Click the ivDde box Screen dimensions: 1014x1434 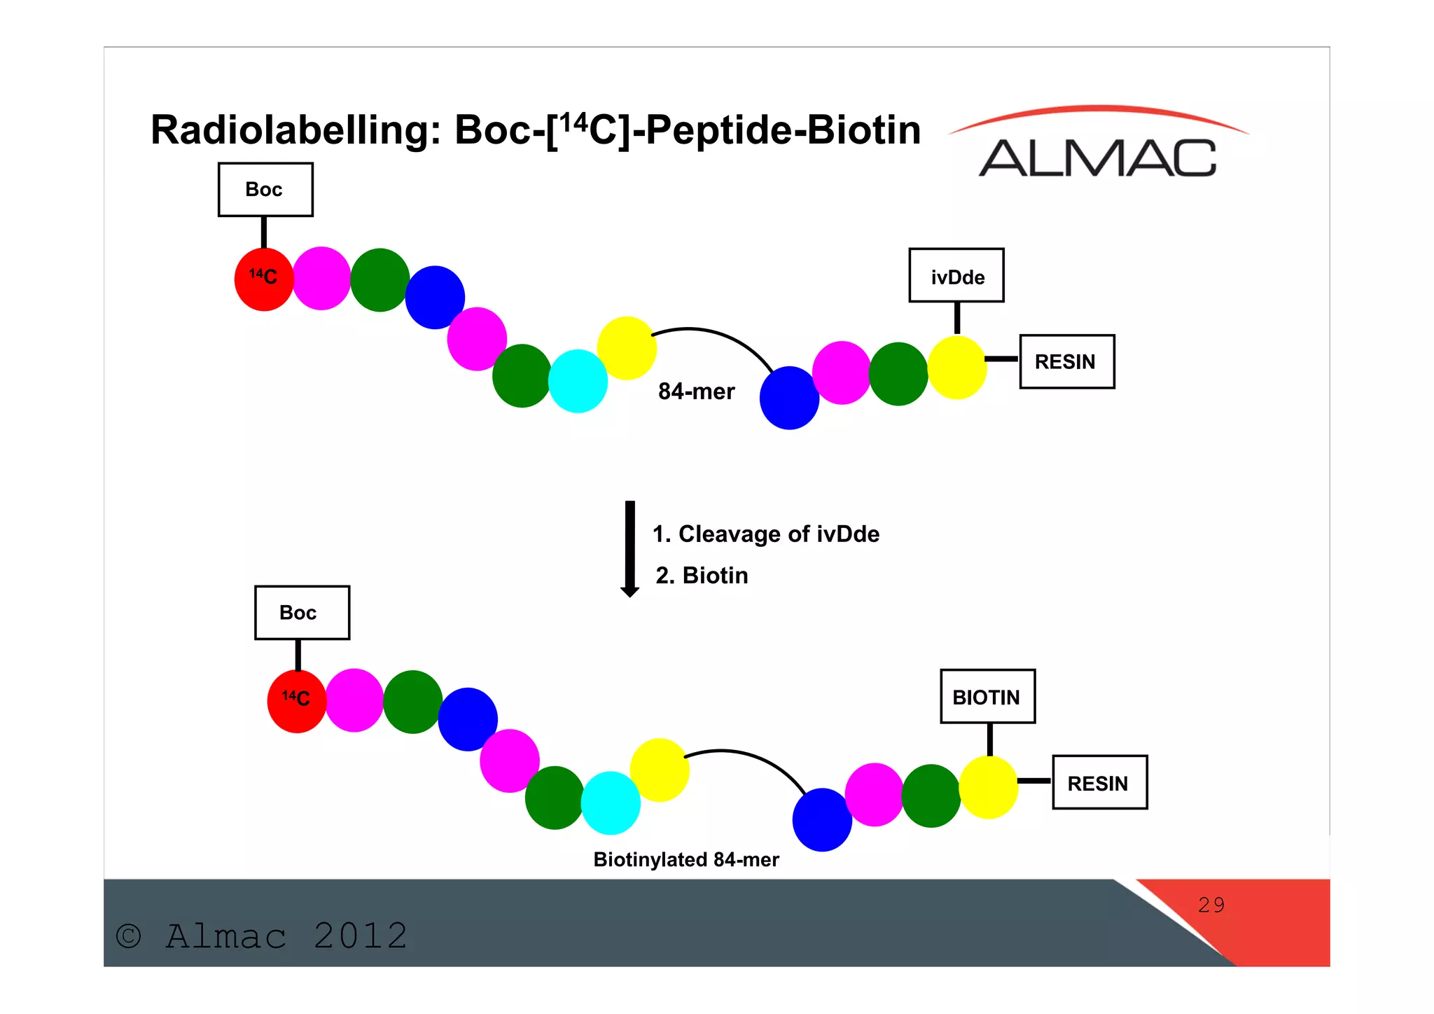pyautogui.click(x=956, y=276)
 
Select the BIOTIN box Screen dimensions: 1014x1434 pyautogui.click(x=987, y=697)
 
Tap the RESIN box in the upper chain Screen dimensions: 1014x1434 pyautogui.click(x=1066, y=361)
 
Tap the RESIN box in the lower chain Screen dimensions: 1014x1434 pyautogui.click(x=1099, y=783)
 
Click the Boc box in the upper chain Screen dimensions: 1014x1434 pyautogui.click(x=265, y=190)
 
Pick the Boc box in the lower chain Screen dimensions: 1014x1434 pyautogui.click(x=302, y=613)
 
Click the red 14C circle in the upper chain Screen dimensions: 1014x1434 pyautogui.click(x=264, y=279)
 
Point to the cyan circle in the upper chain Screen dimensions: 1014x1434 pyautogui.click(x=578, y=381)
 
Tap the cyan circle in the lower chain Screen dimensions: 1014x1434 pyautogui.click(x=611, y=803)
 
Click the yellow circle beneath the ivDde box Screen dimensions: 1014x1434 pyautogui.click(x=956, y=368)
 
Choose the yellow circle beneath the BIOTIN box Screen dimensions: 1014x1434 pyautogui.click(x=988, y=787)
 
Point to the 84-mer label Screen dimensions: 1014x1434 pyautogui.click(x=696, y=391)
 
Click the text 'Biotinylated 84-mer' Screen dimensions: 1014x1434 pyautogui.click(x=685, y=860)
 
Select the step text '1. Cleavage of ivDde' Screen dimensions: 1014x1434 pyautogui.click(x=765, y=534)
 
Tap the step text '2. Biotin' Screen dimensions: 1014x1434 pyautogui.click(x=702, y=576)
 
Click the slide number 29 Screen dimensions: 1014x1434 pyautogui.click(x=1211, y=905)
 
